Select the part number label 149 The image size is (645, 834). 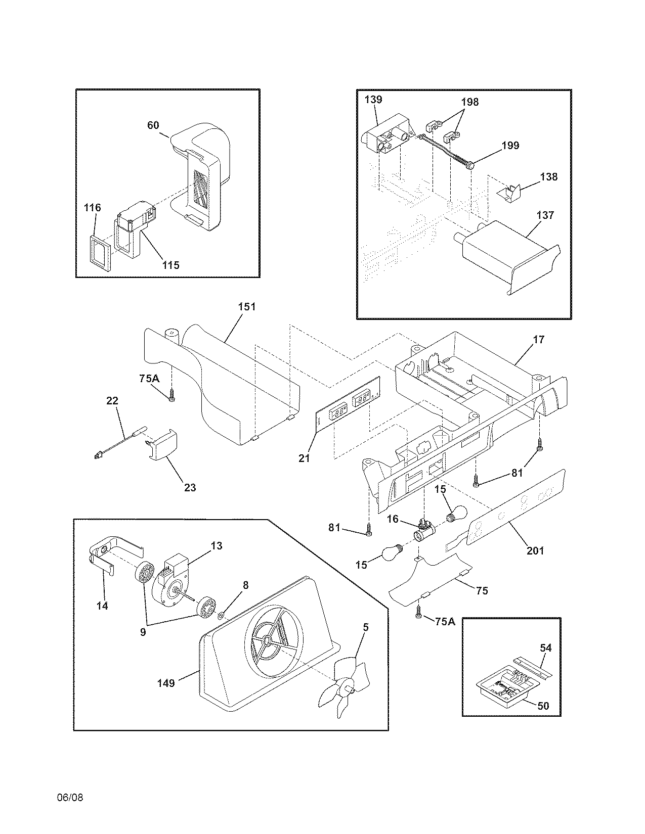(x=165, y=683)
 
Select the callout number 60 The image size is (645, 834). (x=153, y=125)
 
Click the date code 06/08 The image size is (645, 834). (x=70, y=798)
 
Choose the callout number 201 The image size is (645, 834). (x=535, y=550)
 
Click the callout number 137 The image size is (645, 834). (x=545, y=215)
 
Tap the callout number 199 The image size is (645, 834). (x=510, y=146)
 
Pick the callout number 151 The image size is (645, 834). (x=247, y=307)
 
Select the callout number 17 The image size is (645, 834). (x=539, y=340)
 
